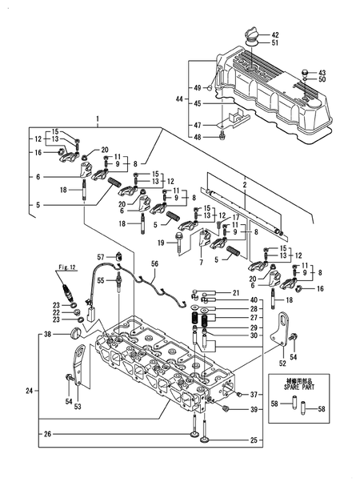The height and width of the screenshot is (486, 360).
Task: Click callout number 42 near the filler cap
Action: pyautogui.click(x=276, y=34)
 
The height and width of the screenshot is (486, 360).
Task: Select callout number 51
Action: pyautogui.click(x=276, y=44)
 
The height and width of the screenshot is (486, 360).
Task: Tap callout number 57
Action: pyautogui.click(x=102, y=256)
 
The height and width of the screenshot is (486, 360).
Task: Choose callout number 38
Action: pyautogui.click(x=47, y=334)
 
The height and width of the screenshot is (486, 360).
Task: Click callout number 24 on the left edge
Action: pyautogui.click(x=30, y=392)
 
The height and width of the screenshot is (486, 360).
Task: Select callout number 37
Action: pyautogui.click(x=254, y=395)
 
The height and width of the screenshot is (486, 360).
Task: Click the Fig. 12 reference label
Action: pyautogui.click(x=65, y=265)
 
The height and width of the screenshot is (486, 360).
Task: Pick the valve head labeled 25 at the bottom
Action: pyautogui.click(x=209, y=439)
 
